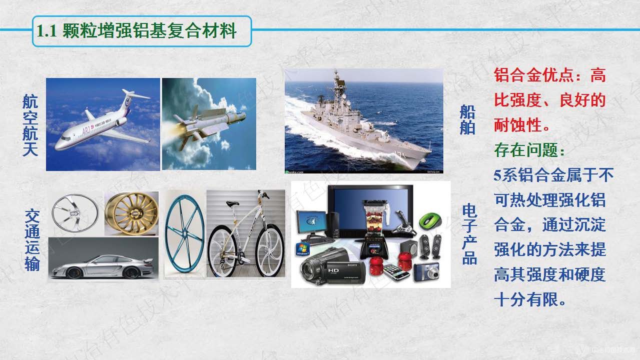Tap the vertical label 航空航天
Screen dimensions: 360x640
point(30,125)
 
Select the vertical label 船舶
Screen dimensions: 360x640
point(467,120)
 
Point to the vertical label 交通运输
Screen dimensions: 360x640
point(32,240)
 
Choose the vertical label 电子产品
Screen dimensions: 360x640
point(469,233)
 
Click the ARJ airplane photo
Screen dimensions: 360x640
point(103,124)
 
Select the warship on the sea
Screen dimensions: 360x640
point(364,120)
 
